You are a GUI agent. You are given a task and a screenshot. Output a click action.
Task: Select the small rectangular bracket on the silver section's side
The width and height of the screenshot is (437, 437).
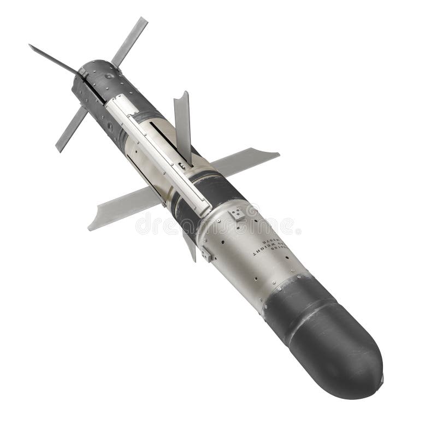(206, 253)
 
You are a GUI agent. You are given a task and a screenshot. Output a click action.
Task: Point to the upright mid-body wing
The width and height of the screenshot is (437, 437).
(182, 123)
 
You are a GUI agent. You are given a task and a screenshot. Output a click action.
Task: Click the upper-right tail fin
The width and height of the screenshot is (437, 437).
(130, 41)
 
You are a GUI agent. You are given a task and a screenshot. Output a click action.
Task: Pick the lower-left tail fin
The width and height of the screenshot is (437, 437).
(71, 130)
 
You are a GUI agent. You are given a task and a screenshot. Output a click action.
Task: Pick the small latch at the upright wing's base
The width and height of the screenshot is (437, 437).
(184, 164)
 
